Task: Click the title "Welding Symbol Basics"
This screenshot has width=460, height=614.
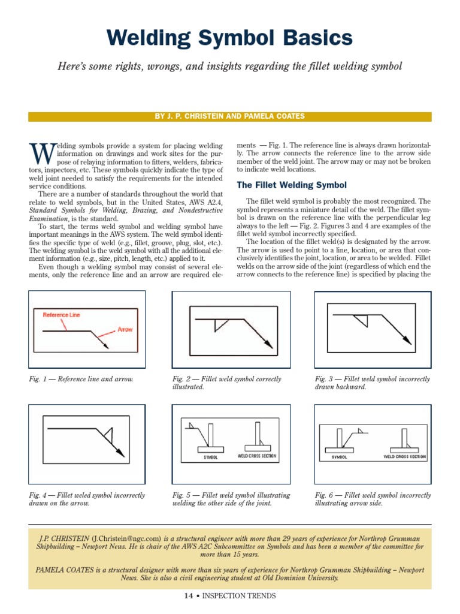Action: (x=229, y=39)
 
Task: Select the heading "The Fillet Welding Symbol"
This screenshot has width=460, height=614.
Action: (x=292, y=185)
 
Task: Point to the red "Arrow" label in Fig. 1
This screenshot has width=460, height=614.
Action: (x=125, y=329)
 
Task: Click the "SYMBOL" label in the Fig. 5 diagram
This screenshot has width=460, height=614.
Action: (x=210, y=457)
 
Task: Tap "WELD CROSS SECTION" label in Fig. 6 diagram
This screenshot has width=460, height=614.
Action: (x=404, y=456)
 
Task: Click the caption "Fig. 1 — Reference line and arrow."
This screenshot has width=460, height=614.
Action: (x=81, y=380)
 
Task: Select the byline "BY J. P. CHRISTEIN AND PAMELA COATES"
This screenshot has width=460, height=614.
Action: (x=229, y=116)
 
